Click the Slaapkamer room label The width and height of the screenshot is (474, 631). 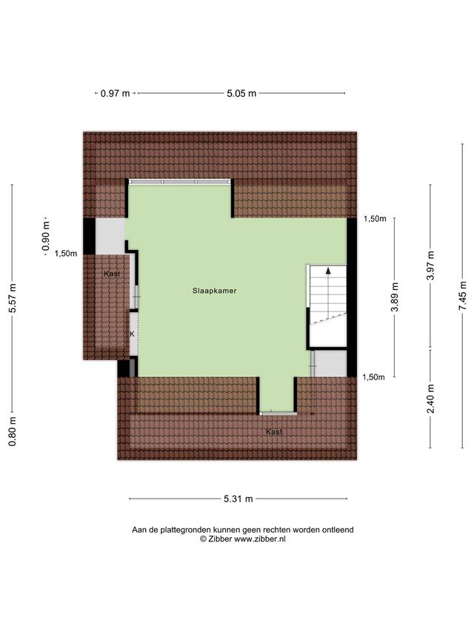215,291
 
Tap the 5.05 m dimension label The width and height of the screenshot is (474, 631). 241,93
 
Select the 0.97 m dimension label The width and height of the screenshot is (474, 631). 116,93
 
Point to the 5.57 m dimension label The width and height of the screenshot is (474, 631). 13,298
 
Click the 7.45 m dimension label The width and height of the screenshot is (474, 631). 463,295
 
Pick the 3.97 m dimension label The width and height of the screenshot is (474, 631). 431,266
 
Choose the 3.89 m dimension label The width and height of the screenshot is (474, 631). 395,297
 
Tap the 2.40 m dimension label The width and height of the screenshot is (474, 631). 431,399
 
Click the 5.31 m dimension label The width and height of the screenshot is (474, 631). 238,499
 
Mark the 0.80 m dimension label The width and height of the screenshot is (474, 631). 13,431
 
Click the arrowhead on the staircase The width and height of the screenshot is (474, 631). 328,271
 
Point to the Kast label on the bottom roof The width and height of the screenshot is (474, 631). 274,432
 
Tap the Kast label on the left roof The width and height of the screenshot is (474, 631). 112,274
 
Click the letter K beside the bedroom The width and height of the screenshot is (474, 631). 132,334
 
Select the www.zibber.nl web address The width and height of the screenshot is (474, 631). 260,539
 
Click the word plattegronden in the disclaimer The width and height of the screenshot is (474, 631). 185,530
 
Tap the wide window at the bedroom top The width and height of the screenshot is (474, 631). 180,181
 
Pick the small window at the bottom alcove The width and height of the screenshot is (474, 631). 278,414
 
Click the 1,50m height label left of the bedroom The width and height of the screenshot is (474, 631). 66,254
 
